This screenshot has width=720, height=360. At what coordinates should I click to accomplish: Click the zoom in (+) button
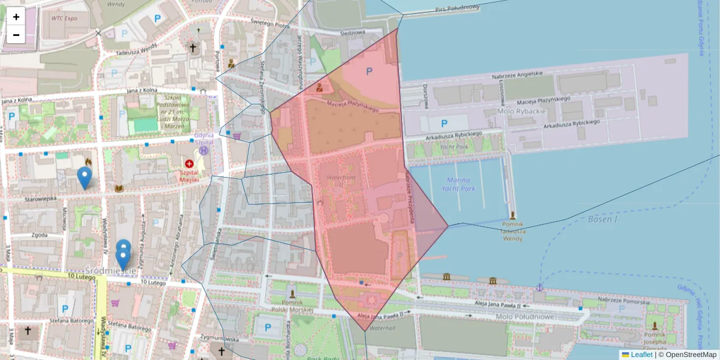[x=16, y=17]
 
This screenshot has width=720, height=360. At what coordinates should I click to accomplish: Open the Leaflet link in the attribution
[x=641, y=355]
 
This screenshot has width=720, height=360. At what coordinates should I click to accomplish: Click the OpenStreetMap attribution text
[x=689, y=355]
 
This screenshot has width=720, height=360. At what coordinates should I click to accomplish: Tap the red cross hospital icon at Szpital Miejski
[x=190, y=163]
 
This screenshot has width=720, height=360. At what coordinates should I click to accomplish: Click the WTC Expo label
[x=64, y=18]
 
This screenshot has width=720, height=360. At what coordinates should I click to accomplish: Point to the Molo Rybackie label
[x=521, y=112]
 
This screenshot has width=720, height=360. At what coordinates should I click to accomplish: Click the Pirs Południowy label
[x=458, y=8]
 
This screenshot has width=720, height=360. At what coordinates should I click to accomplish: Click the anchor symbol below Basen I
[x=539, y=287]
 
